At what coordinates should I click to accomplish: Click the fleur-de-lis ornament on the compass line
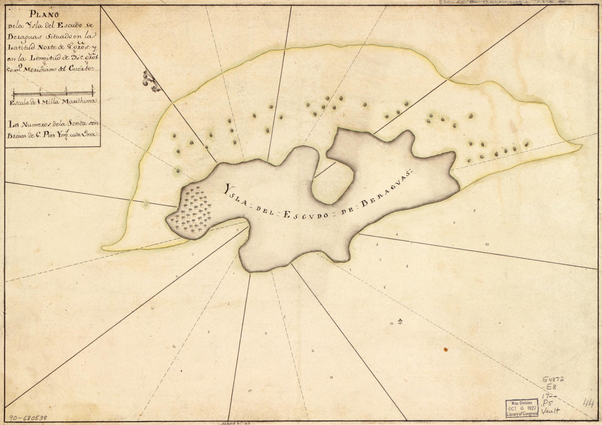tap(150, 81)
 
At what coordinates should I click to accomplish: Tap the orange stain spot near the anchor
tap(446, 349)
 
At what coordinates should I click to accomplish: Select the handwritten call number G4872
tap(554, 379)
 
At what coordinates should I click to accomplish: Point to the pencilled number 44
tap(588, 404)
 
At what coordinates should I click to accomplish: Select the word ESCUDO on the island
tap(306, 214)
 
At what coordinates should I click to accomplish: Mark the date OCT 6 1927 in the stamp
tap(522, 408)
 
